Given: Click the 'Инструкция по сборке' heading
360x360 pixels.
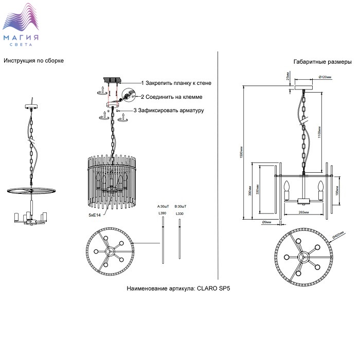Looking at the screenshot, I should [33, 61].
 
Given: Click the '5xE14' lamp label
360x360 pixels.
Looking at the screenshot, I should [94, 215].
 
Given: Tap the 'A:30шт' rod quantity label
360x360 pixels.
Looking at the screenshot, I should [164, 206].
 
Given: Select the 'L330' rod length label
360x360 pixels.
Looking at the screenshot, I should [179, 213].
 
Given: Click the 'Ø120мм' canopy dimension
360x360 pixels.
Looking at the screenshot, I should [325, 77].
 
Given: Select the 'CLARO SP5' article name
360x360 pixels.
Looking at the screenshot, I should [212, 289].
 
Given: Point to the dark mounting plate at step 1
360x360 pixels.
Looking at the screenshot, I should [112, 80].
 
